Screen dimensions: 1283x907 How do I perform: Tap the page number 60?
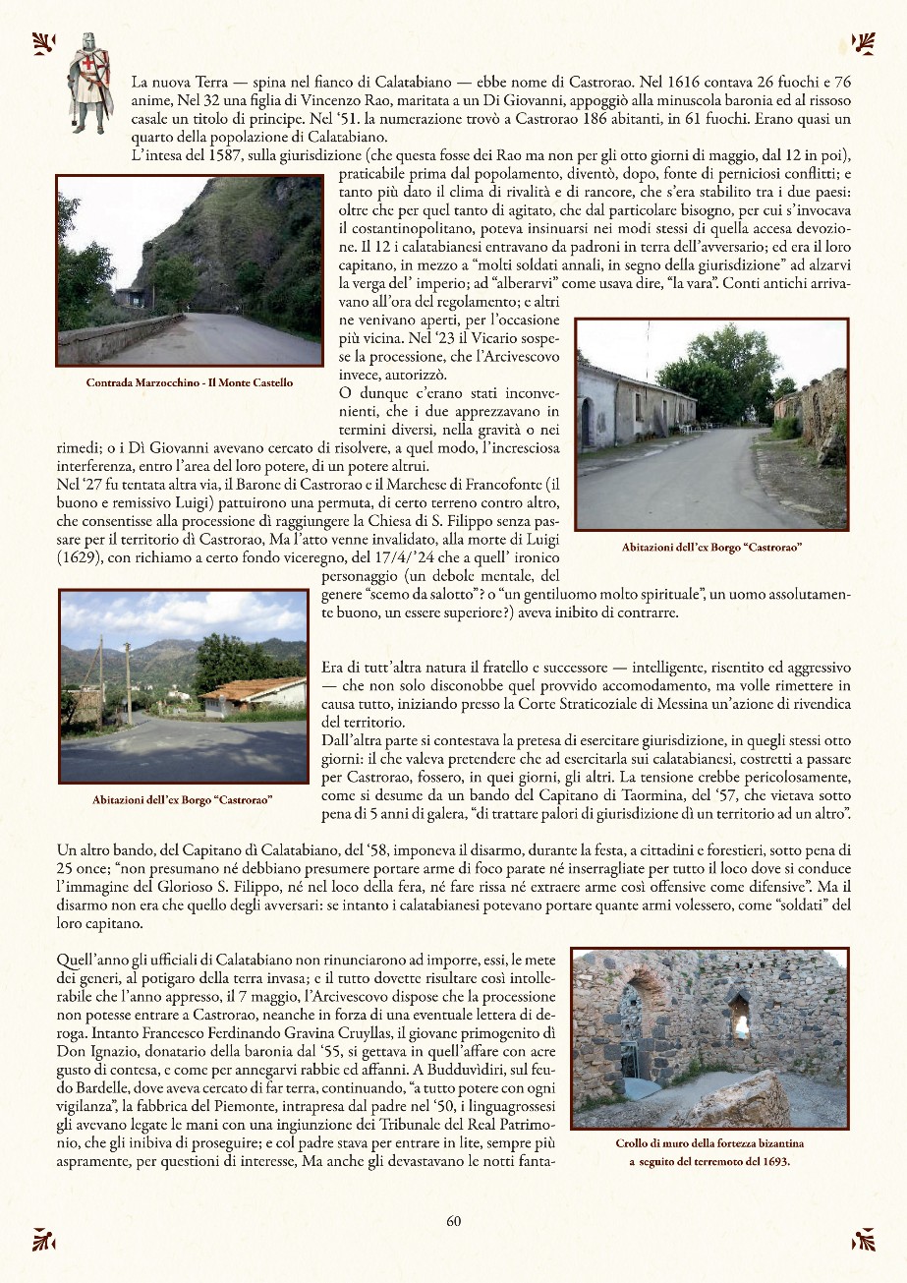[454, 1221]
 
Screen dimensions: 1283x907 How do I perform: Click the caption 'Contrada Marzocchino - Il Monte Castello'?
[190, 382]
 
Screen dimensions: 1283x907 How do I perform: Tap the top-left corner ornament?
[43, 43]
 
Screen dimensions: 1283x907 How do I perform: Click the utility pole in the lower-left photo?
[128, 681]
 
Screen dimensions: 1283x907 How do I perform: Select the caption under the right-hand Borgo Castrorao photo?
[712, 547]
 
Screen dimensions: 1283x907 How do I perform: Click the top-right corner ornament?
[864, 43]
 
